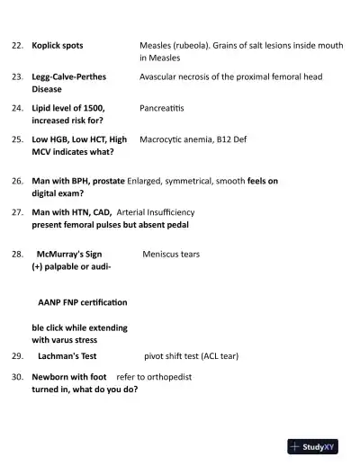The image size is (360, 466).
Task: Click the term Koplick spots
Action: pyautogui.click(x=58, y=44)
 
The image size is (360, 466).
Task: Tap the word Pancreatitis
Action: pyautogui.click(x=161, y=108)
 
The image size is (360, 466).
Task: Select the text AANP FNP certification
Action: pyautogui.click(x=82, y=301)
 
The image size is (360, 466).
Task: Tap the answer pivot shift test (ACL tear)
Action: pyautogui.click(x=192, y=356)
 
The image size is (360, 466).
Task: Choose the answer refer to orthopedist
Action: pyautogui.click(x=154, y=377)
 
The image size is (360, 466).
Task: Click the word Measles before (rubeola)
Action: pyautogui.click(x=157, y=44)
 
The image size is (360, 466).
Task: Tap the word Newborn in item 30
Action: pyautogui.click(x=50, y=377)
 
